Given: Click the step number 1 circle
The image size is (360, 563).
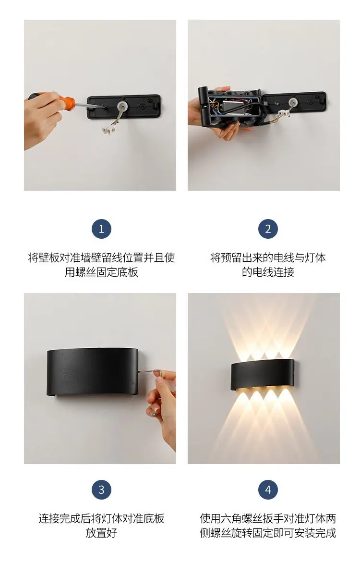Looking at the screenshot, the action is [x=101, y=229].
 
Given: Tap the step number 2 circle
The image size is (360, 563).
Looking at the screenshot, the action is [x=268, y=229].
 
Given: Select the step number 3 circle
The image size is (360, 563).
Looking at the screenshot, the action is [x=101, y=490].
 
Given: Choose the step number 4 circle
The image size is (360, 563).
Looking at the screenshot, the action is [x=268, y=490].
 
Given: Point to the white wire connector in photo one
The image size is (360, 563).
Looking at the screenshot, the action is [x=108, y=131].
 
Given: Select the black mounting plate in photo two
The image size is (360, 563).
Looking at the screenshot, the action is [x=294, y=102].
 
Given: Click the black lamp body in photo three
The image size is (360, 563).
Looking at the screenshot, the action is [x=93, y=372].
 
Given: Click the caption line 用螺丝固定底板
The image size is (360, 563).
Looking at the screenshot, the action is [x=102, y=272].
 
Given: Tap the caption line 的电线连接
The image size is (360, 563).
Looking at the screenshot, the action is [x=268, y=272].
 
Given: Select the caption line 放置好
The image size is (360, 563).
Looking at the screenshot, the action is [x=102, y=533].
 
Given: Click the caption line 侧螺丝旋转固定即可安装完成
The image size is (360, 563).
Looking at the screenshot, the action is [x=268, y=533].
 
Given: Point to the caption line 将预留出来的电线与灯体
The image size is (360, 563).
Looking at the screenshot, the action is [x=268, y=257].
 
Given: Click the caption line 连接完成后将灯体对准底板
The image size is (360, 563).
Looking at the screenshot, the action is [x=102, y=518].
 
